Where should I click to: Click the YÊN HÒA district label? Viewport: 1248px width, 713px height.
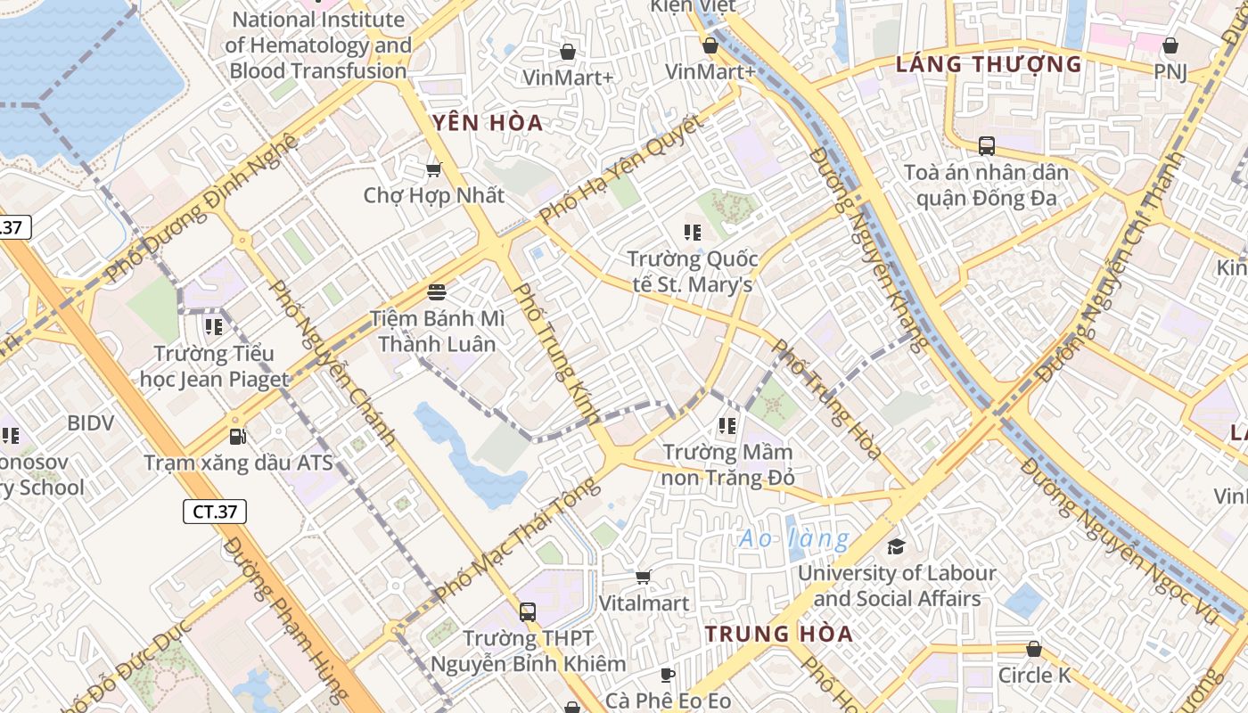pyautogui.click(x=488, y=123)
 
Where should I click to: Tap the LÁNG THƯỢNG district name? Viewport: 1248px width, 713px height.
pyautogui.click(x=989, y=64)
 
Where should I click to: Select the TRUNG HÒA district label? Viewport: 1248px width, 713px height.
pyautogui.click(x=779, y=634)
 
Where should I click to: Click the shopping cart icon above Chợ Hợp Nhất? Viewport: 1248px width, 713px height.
pyautogui.click(x=434, y=169)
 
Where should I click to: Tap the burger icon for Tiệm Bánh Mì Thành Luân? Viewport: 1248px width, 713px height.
pyautogui.click(x=437, y=291)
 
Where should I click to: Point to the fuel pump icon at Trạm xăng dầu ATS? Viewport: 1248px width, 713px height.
pyautogui.click(x=238, y=436)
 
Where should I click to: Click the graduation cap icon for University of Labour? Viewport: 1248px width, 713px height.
pyautogui.click(x=896, y=546)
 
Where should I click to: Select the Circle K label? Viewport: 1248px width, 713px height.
pyautogui.click(x=1034, y=675)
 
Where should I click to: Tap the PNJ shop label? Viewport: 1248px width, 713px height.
pyautogui.click(x=1170, y=71)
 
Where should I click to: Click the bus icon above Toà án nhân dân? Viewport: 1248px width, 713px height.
pyautogui.click(x=987, y=145)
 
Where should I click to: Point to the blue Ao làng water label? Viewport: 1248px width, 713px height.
pyautogui.click(x=794, y=538)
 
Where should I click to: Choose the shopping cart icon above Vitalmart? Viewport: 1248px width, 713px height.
pyautogui.click(x=644, y=577)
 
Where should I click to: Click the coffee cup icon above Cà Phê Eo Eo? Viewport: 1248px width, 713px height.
pyautogui.click(x=668, y=674)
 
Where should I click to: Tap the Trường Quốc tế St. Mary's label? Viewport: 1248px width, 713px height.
pyautogui.click(x=692, y=272)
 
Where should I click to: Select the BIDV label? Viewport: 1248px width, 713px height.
pyautogui.click(x=91, y=422)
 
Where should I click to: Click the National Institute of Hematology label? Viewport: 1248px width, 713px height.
pyautogui.click(x=318, y=45)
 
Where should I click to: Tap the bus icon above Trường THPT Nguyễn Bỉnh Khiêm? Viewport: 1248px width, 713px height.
pyautogui.click(x=528, y=611)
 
